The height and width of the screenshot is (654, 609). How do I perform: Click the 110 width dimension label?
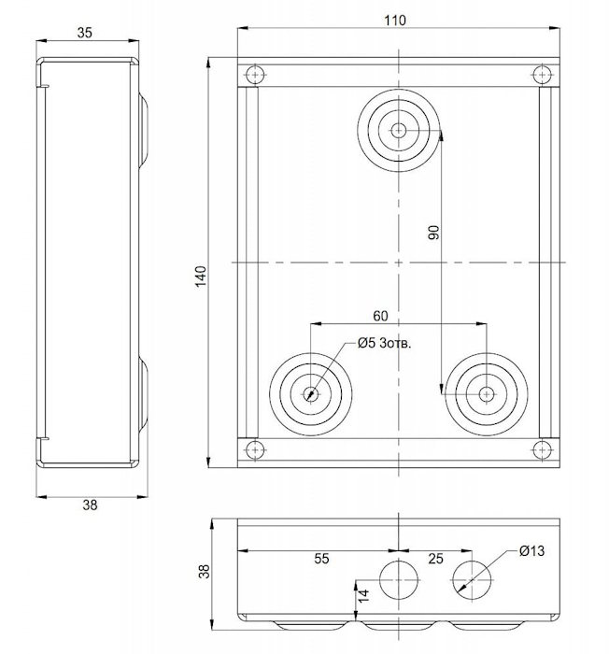394,20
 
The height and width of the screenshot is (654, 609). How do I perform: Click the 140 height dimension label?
201,277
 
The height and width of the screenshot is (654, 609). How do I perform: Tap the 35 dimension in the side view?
85,33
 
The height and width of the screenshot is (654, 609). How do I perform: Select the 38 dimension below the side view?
90,505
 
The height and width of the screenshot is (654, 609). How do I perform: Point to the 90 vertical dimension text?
433,233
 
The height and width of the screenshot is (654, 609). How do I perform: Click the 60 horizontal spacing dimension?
380,316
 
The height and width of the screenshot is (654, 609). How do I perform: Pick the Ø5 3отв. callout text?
384,343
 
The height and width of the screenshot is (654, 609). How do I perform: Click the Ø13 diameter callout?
531,551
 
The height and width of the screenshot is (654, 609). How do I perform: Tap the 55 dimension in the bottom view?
321,559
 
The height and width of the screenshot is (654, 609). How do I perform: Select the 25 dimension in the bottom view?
435,559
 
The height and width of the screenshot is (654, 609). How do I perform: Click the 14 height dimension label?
363,595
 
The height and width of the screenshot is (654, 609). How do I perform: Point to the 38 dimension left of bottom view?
205,571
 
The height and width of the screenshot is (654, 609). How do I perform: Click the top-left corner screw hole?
254,76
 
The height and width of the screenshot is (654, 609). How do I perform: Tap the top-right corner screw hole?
542,76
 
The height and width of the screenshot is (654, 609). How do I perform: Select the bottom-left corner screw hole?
254,449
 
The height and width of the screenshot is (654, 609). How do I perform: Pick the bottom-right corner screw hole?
542,449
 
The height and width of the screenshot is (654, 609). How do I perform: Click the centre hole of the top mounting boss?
399,130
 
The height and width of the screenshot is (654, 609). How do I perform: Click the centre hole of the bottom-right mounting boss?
486,393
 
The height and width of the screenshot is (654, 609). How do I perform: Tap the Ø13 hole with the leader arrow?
472,580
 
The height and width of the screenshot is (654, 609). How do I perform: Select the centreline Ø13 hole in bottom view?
399,580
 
